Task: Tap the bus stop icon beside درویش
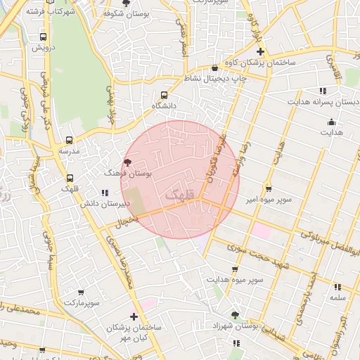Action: point(44,37)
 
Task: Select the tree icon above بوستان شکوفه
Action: point(126,3)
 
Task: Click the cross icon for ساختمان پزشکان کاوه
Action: point(260,52)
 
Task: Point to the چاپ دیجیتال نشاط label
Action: point(215,79)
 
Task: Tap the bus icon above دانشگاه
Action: point(165,95)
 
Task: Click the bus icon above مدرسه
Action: point(69,140)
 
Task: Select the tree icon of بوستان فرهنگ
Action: point(127,162)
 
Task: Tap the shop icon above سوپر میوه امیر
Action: point(269,188)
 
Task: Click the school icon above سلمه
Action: point(338,287)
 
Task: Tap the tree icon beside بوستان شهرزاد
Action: point(235,316)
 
